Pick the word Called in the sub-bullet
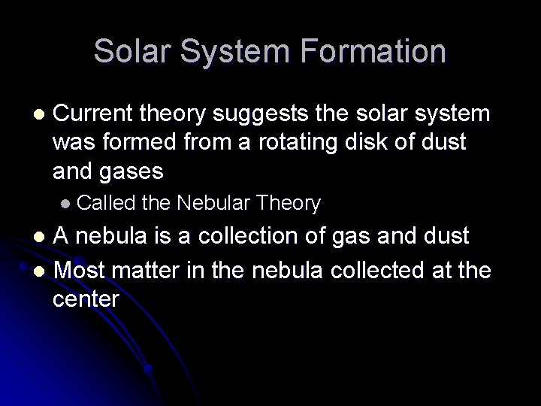tap(104, 203)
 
